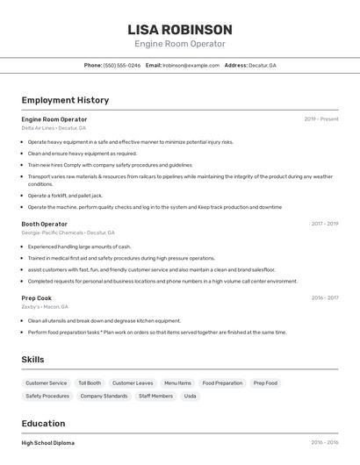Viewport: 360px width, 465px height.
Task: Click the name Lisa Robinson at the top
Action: pos(180,30)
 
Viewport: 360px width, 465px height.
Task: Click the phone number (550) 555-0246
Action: pos(122,66)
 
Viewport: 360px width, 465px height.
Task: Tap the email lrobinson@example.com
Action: pos(191,66)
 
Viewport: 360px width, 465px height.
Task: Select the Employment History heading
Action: pos(65,101)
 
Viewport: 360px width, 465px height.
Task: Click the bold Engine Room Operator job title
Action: pos(54,119)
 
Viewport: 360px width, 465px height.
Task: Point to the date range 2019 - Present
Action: pos(320,119)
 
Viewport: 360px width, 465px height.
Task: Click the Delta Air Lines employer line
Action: pos(54,128)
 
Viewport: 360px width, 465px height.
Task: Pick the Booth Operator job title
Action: pos(45,224)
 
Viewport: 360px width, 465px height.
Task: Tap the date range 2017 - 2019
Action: pos(324,224)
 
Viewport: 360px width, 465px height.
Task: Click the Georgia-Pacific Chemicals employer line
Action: pos(68,232)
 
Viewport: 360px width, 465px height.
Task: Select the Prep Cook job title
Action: pos(37,298)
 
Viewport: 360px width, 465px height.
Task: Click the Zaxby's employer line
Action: pos(45,307)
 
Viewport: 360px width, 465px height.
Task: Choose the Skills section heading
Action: pos(33,360)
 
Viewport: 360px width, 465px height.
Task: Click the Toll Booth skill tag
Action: pos(90,383)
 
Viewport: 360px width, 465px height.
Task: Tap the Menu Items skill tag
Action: pos(177,383)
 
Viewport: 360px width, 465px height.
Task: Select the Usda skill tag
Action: pos(191,397)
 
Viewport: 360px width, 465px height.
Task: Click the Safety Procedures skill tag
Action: pos(47,397)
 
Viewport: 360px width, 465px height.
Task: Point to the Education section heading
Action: pos(44,424)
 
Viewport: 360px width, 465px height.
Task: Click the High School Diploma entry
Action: pos(48,443)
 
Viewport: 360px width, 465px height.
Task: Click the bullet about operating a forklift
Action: pos(65,196)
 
